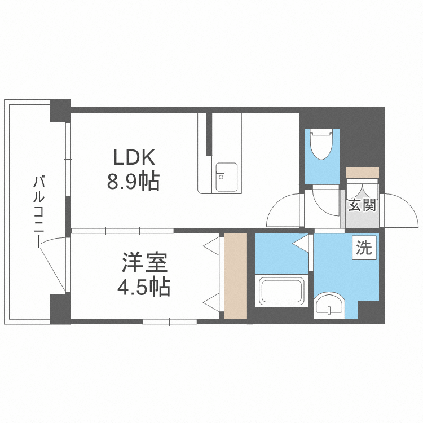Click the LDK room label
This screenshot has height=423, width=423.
134,157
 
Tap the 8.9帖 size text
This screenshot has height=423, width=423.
134,182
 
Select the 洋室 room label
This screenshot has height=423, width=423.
145,262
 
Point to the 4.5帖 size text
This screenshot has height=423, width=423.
144,287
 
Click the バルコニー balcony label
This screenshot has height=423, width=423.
39,211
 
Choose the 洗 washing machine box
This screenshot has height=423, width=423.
364,248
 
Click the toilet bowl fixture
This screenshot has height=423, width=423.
321,144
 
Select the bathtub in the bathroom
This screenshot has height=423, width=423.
281,291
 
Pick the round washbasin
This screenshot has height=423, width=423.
329,305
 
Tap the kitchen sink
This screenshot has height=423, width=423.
227,177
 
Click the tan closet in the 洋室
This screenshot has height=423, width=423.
236,276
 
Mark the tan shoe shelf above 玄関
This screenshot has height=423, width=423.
363,173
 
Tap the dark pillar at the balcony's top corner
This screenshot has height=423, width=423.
60,111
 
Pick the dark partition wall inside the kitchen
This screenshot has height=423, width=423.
209,134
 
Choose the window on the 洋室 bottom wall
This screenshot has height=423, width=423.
169,321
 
